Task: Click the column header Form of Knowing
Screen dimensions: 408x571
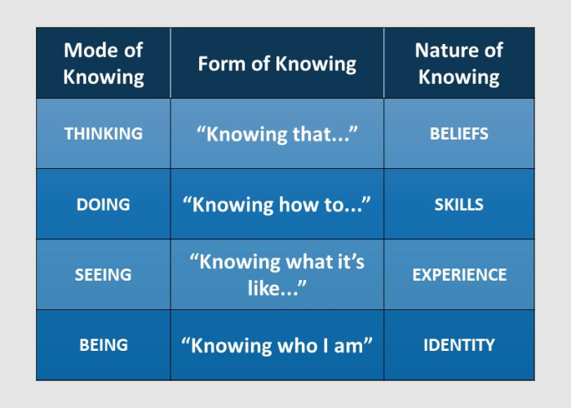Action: [x=277, y=64]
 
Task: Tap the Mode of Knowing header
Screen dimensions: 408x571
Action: [x=104, y=64]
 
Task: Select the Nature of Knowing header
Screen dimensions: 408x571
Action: [x=458, y=64]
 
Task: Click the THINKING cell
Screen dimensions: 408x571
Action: [x=104, y=134]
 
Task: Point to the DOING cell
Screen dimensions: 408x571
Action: [x=104, y=204]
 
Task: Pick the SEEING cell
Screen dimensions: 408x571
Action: [x=104, y=275]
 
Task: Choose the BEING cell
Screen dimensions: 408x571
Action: [x=104, y=345]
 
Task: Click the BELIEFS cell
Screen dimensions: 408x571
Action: [x=458, y=134]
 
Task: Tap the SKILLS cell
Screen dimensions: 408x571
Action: [x=458, y=204]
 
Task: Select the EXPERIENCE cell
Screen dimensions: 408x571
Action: [x=458, y=275]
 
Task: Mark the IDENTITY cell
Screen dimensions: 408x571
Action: [x=458, y=345]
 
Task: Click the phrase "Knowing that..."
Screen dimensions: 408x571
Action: [x=277, y=134]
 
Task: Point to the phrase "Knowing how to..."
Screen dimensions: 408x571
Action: [x=277, y=204]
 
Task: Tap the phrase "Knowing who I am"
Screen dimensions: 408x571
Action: [x=277, y=345]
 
